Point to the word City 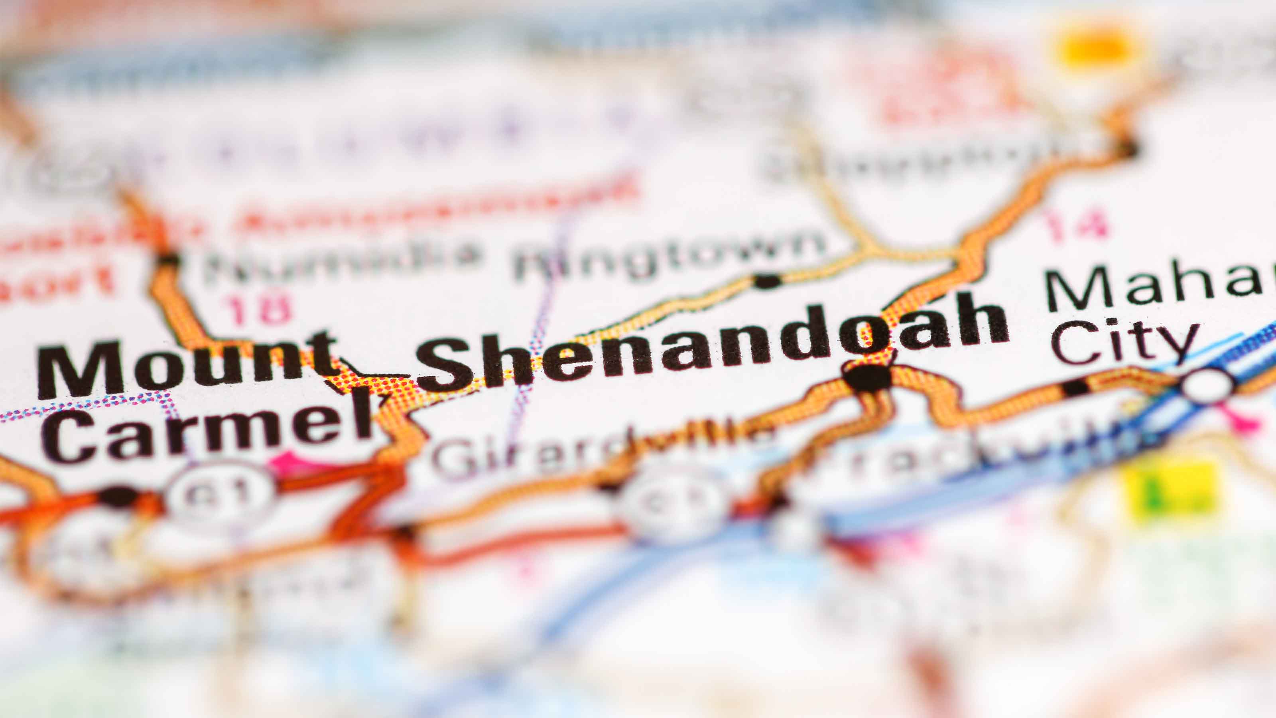[1124, 342]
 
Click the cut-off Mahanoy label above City [1154, 287]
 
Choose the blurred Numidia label [342, 260]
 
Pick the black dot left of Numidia [168, 258]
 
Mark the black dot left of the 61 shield [118, 495]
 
